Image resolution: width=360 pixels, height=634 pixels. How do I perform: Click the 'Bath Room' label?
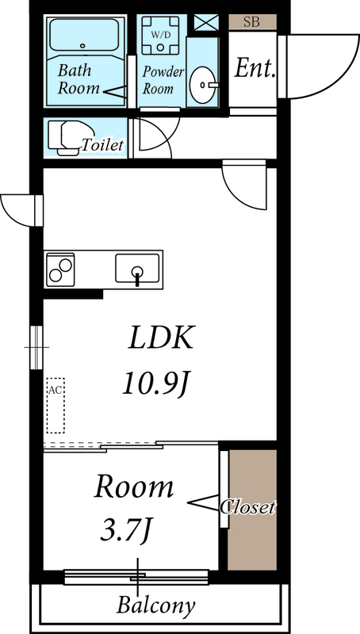[79, 79]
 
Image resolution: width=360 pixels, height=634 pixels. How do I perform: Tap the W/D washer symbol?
[161, 35]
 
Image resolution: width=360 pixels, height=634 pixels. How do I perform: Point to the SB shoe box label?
[251, 22]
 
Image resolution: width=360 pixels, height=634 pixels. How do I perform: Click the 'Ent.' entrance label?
[255, 68]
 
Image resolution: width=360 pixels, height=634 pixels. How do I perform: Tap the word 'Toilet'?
[103, 145]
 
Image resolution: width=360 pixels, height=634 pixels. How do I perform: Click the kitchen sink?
[137, 268]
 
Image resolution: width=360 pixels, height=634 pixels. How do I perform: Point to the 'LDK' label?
[162, 339]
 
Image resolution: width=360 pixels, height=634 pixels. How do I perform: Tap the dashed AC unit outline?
[55, 404]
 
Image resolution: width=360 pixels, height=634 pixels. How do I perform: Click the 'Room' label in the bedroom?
[134, 487]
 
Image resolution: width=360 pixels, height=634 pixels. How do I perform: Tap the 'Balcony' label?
[155, 607]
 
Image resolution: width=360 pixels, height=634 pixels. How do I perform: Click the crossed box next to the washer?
[206, 22]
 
